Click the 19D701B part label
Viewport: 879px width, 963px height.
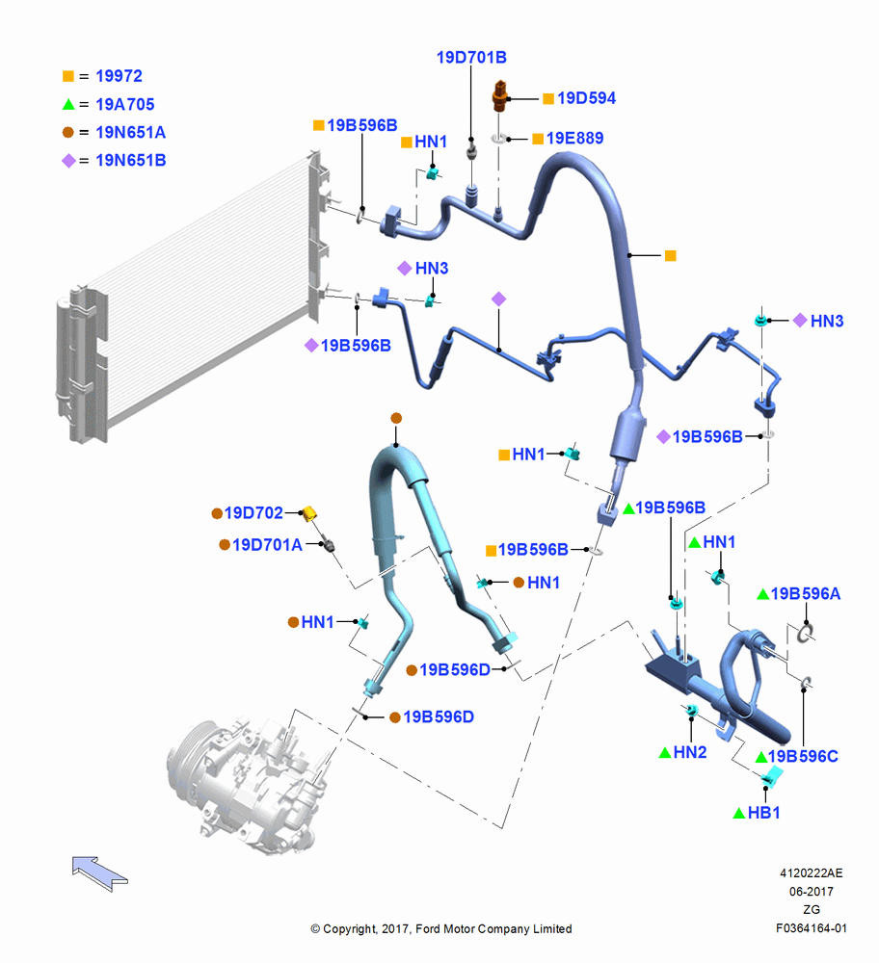pos(471,57)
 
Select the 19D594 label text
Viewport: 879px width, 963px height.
pos(586,98)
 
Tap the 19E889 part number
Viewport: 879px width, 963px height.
pos(574,138)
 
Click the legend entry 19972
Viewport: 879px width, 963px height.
pos(120,76)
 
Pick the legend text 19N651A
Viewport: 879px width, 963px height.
pos(131,132)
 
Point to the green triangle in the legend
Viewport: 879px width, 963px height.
pos(68,104)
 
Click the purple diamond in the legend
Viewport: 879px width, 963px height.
pos(68,160)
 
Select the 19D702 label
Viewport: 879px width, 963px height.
pos(253,513)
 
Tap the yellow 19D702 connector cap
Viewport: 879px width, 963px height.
pos(308,512)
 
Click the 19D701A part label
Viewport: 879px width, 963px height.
pos(267,545)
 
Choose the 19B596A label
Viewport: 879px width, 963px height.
pos(806,594)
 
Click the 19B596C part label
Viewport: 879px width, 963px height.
pos(803,757)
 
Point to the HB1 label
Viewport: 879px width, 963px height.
pos(764,813)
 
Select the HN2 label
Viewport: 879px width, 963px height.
pos(690,752)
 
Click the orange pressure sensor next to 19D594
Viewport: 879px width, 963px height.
pos(500,96)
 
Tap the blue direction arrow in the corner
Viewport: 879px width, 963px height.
pos(99,872)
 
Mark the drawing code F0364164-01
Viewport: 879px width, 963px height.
pos(812,928)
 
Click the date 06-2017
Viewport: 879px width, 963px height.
pos(812,892)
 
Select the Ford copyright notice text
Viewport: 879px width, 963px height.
pos(441,929)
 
